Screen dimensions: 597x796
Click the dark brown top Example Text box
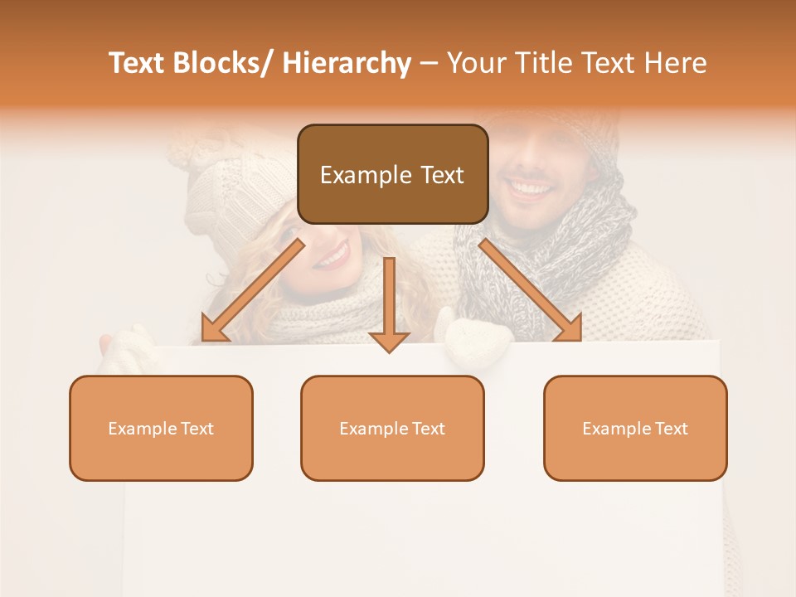(392, 174)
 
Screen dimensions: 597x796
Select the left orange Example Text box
(161, 428)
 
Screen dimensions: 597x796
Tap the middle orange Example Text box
(392, 428)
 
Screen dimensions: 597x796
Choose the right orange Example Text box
(635, 428)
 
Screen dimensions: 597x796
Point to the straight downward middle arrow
(389, 303)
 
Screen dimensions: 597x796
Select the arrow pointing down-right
(531, 290)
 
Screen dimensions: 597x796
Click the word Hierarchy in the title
(347, 63)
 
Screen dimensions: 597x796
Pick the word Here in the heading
(676, 63)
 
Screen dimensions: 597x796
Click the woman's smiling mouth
(332, 255)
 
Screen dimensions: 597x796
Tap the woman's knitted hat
(224, 182)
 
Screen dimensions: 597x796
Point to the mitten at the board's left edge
(124, 348)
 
